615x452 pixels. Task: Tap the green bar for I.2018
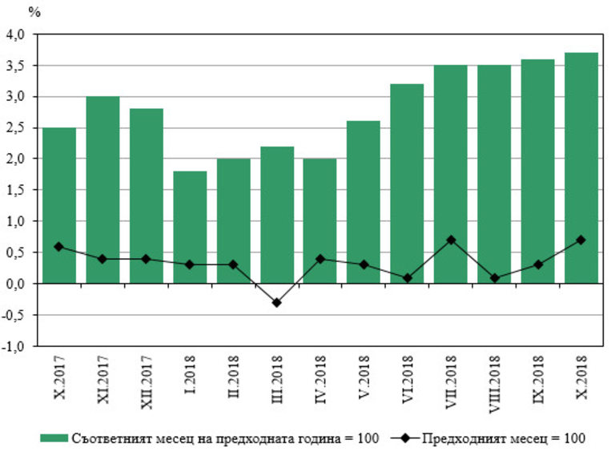click(x=189, y=228)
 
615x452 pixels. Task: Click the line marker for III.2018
click(x=276, y=302)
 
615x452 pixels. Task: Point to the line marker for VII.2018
click(x=450, y=240)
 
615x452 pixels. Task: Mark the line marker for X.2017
click(x=59, y=246)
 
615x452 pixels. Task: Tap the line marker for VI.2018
click(x=407, y=277)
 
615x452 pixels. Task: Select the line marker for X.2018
click(x=581, y=240)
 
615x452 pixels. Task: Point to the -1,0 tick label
click(x=15, y=346)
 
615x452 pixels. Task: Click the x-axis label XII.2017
click(x=147, y=381)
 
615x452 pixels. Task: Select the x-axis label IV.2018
click(x=320, y=381)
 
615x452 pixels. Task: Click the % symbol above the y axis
click(x=34, y=11)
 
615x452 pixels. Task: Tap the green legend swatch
click(x=54, y=438)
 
